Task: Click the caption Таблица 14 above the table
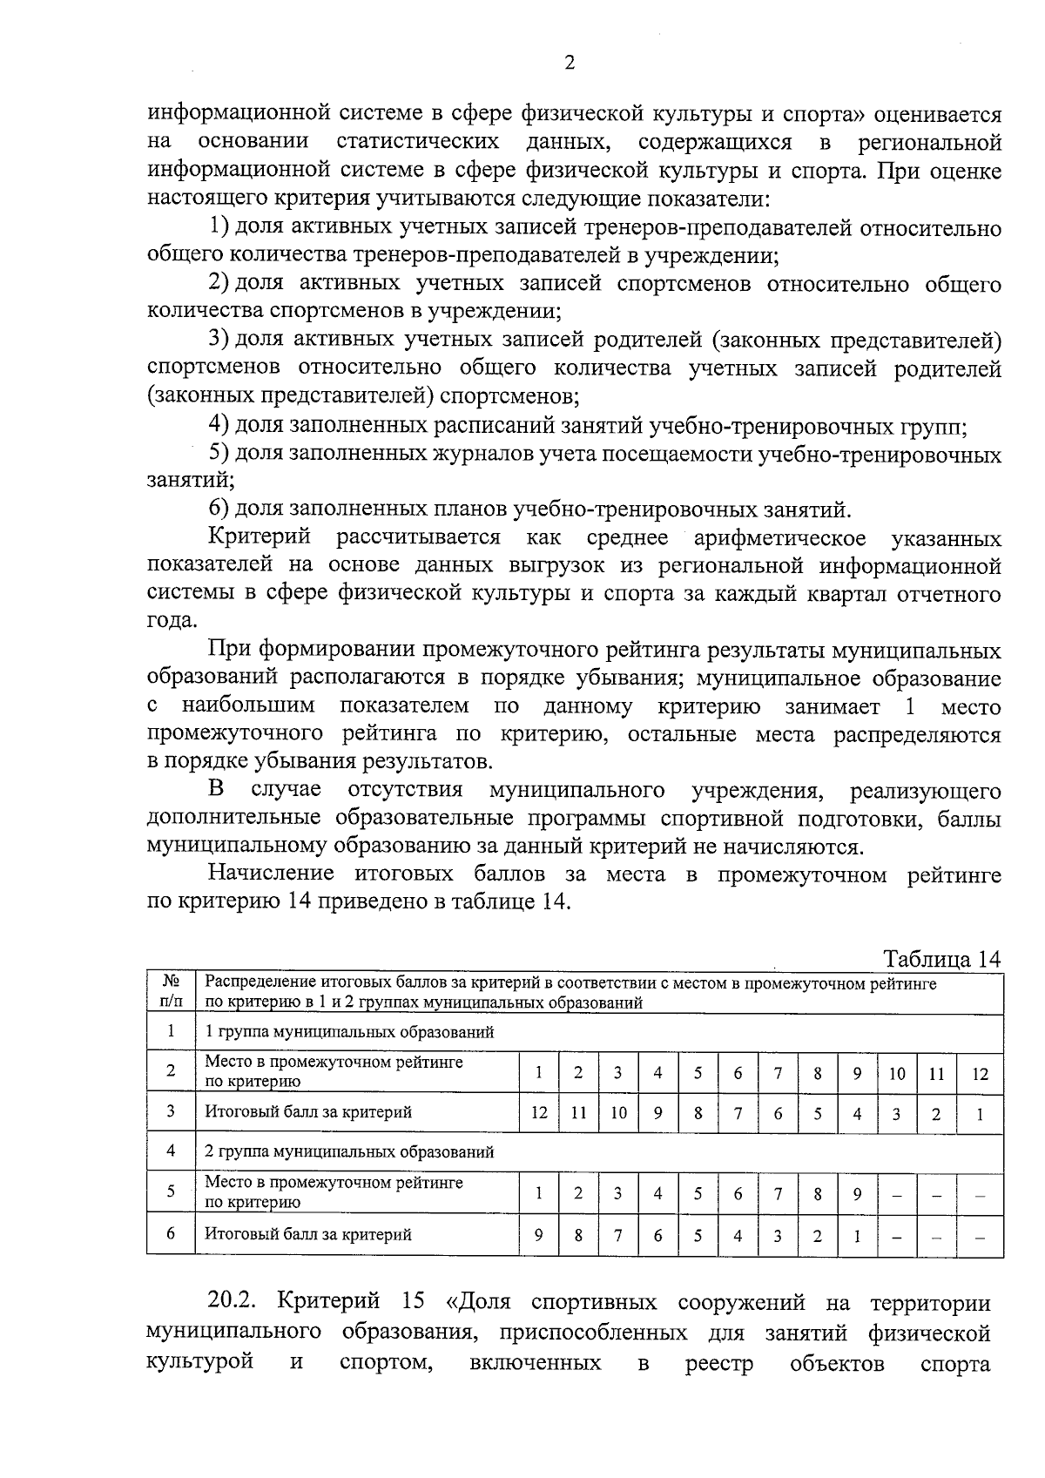(942, 959)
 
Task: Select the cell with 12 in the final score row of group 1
(539, 1112)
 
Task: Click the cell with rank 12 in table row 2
(980, 1073)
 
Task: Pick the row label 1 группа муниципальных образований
(349, 1032)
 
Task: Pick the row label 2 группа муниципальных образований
(349, 1151)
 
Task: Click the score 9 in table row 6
(539, 1233)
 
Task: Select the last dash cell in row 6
(980, 1234)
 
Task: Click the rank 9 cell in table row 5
(857, 1193)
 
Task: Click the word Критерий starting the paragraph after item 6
(259, 537)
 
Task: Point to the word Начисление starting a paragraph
(271, 874)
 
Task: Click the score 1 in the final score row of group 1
(980, 1113)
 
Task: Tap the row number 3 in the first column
(171, 1111)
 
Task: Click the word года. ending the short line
(172, 622)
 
